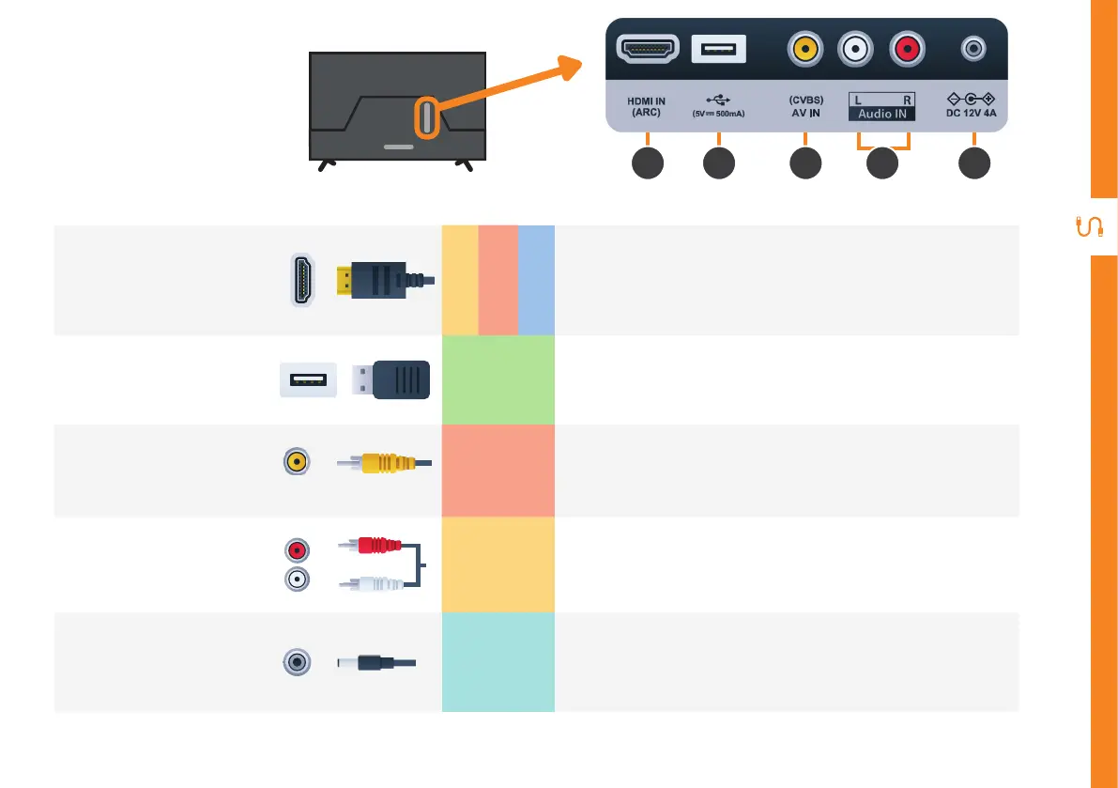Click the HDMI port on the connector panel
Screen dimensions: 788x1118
tap(648, 49)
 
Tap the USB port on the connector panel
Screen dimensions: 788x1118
tap(718, 49)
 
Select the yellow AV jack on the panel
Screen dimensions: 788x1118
tap(804, 49)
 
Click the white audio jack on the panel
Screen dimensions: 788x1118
tap(855, 49)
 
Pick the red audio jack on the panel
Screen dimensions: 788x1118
tap(907, 49)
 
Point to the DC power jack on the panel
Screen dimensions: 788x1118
tap(973, 47)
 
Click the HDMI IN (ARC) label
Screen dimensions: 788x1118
tap(647, 106)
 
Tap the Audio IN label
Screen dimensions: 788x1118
tap(881, 114)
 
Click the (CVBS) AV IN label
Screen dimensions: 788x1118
tap(805, 106)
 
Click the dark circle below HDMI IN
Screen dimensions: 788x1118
tap(648, 163)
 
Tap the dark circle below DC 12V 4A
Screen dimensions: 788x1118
tap(974, 163)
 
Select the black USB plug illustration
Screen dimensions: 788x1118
tap(391, 379)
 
